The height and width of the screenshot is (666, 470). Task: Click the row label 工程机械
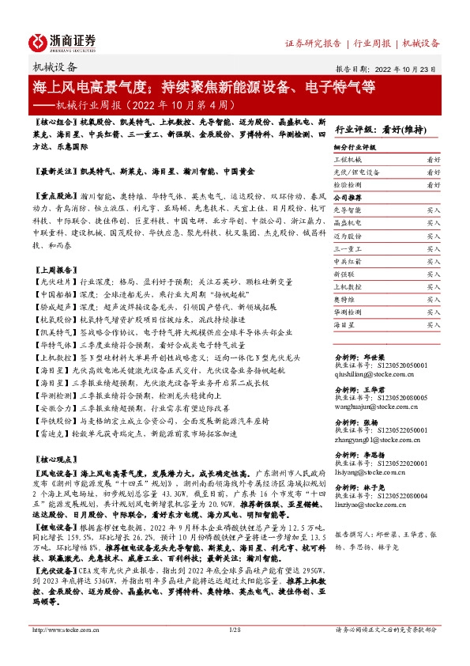tap(348, 159)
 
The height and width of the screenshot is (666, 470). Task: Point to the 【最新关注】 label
tap(55, 170)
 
